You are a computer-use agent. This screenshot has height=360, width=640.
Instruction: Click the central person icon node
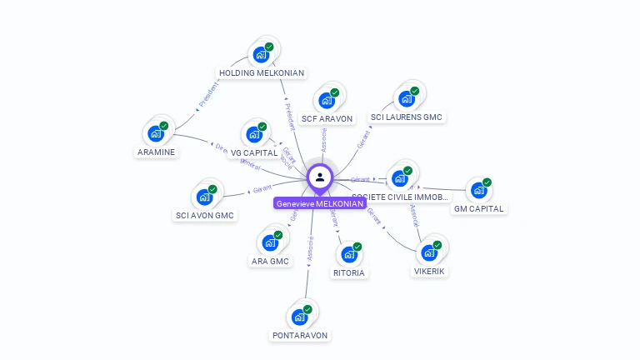(x=320, y=177)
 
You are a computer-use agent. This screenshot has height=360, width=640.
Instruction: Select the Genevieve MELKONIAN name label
(x=320, y=203)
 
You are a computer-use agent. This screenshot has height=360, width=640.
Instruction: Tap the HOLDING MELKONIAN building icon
(x=261, y=55)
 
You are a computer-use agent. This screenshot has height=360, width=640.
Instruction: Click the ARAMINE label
(x=157, y=152)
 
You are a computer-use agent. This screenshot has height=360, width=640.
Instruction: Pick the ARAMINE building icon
(x=155, y=133)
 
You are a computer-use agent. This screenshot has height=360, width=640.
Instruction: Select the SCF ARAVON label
(x=327, y=118)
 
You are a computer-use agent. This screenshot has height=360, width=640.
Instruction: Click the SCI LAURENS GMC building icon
(x=407, y=99)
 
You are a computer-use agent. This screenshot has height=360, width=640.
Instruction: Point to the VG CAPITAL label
(x=254, y=152)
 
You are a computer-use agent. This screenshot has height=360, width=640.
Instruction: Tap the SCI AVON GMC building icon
(x=203, y=197)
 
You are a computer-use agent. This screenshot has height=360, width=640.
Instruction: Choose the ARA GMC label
(x=270, y=261)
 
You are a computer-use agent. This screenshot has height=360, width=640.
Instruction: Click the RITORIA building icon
(x=348, y=254)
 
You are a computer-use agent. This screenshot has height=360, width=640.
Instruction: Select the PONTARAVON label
(x=300, y=335)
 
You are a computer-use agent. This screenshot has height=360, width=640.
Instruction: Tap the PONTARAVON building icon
(x=298, y=317)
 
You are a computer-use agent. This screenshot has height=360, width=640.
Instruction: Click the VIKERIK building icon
(x=429, y=252)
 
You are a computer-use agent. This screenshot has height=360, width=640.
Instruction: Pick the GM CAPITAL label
(x=479, y=208)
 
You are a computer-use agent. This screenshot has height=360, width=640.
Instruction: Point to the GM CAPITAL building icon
(x=478, y=190)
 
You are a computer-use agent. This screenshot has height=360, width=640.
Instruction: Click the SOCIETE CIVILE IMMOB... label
(x=400, y=197)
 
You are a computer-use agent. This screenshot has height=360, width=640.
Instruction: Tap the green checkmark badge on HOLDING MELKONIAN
(x=269, y=47)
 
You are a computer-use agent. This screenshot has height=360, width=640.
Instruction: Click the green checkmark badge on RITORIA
(x=357, y=247)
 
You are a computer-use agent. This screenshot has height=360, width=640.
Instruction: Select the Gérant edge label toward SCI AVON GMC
(x=262, y=188)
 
